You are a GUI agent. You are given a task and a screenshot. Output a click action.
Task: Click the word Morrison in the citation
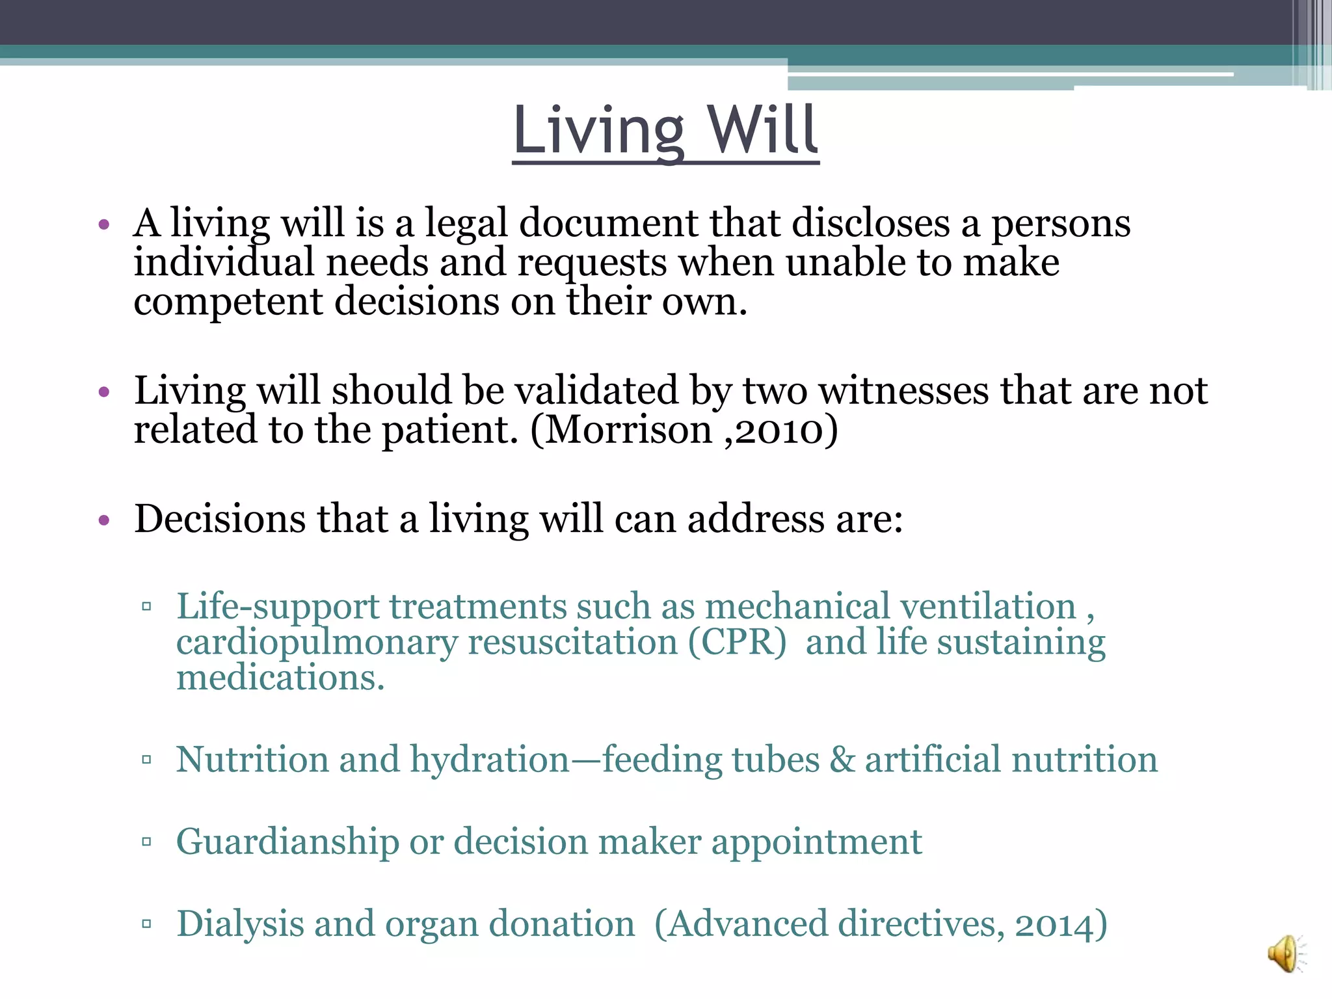click(x=628, y=430)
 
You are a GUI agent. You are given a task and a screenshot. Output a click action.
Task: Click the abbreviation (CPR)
click(x=737, y=642)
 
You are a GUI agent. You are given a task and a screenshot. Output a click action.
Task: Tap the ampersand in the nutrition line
click(x=842, y=760)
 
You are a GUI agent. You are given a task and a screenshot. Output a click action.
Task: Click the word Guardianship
click(x=287, y=842)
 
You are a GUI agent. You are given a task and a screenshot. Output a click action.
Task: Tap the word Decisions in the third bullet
click(x=220, y=519)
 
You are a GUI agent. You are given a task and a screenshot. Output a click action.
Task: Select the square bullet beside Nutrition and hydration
click(x=146, y=760)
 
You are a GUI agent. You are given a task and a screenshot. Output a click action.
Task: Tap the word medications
click(x=280, y=678)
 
